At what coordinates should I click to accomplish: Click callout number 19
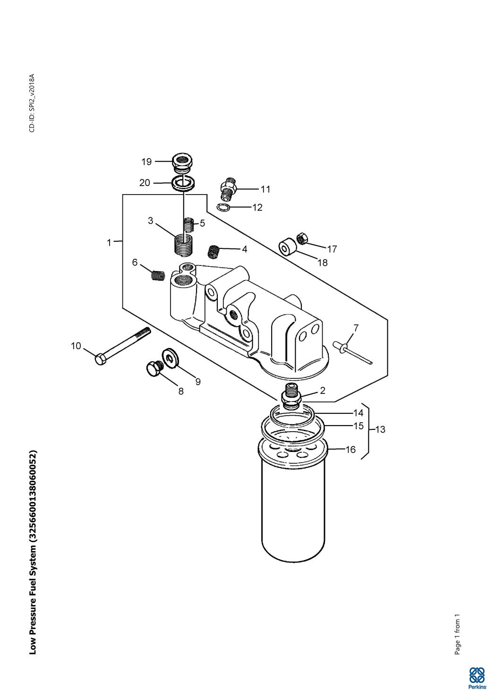(x=146, y=162)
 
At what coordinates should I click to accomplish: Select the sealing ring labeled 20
(x=183, y=184)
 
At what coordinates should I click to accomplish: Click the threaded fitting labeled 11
(x=228, y=188)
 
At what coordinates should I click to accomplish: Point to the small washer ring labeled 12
(x=223, y=208)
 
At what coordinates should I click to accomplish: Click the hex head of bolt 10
(x=101, y=360)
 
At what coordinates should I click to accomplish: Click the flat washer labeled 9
(x=169, y=358)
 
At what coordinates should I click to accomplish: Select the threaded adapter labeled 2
(x=291, y=397)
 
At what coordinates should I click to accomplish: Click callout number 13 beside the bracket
(x=380, y=429)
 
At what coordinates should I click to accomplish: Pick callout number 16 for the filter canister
(x=351, y=450)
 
